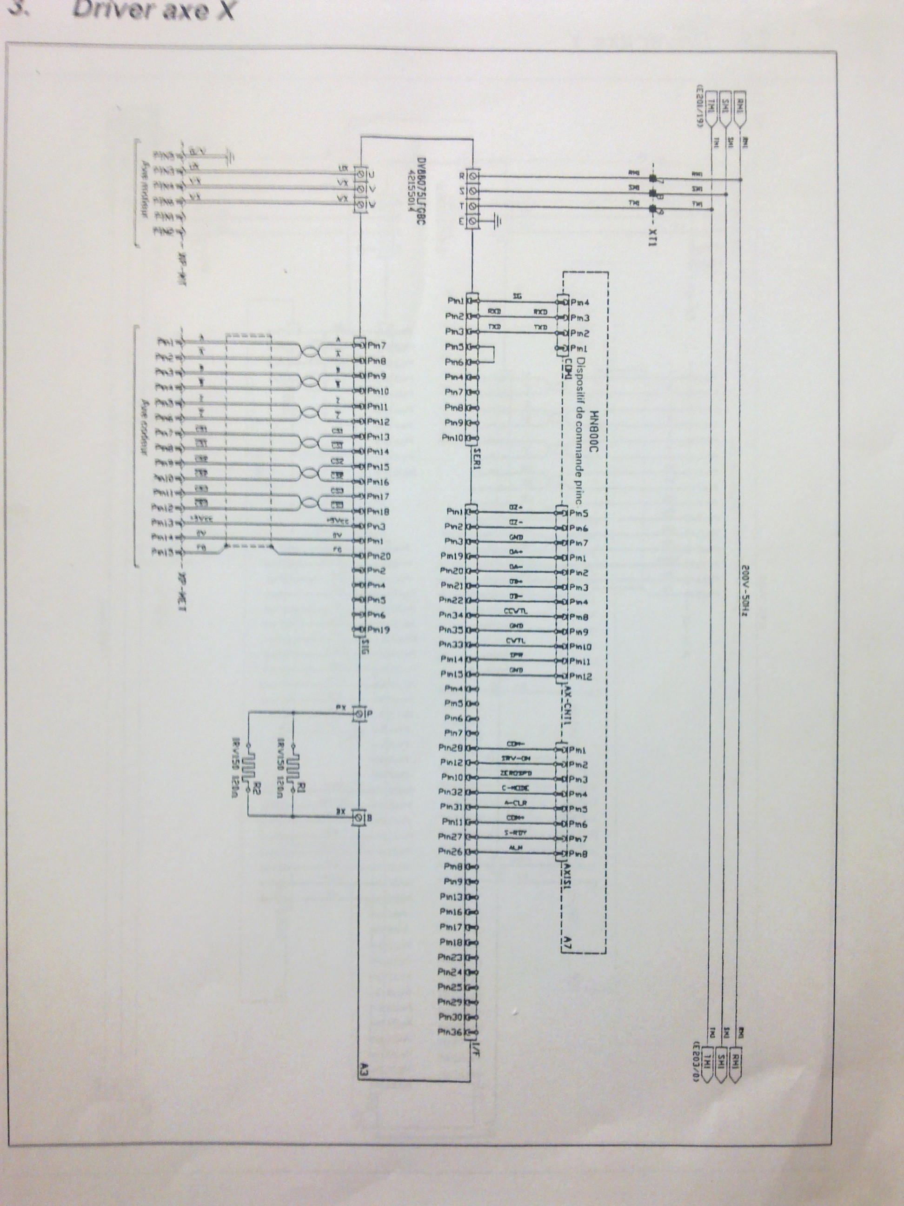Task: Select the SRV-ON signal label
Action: point(515,758)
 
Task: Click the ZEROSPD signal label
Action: point(515,774)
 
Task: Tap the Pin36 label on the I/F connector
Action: point(450,1032)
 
